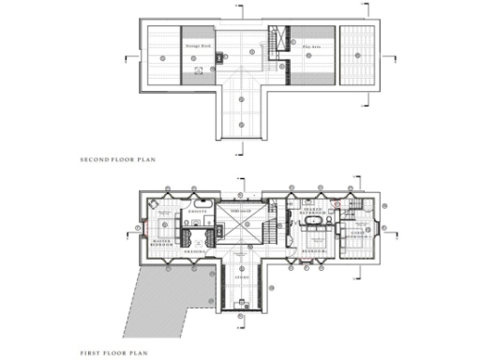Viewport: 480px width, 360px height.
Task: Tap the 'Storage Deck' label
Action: (197, 43)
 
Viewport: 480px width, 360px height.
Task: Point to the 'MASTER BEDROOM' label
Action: (166, 242)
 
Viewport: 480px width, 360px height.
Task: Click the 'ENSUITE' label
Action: (197, 213)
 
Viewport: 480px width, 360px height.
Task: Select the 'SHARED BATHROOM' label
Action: (312, 213)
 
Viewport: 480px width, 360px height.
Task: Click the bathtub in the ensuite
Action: (205, 202)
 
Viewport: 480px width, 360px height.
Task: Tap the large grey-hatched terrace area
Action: (173, 300)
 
